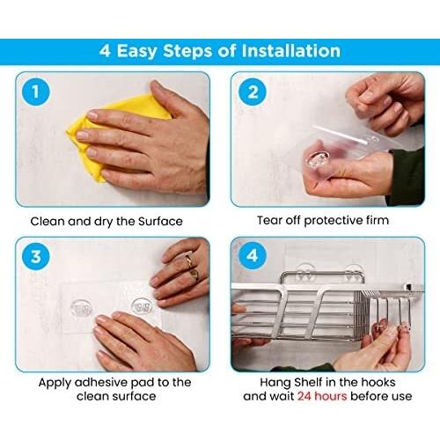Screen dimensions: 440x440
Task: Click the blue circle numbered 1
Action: click(x=36, y=92)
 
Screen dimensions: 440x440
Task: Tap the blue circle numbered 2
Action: click(x=253, y=92)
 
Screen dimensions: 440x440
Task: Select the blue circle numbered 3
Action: click(x=36, y=256)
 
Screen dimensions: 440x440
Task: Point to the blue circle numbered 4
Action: click(x=253, y=256)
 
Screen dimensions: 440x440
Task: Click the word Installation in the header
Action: click(x=291, y=51)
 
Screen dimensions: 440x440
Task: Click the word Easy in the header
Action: click(x=136, y=51)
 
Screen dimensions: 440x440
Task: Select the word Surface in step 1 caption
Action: click(x=160, y=221)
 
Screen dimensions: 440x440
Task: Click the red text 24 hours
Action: click(x=322, y=396)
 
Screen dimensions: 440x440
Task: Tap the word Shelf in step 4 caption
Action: click(x=309, y=382)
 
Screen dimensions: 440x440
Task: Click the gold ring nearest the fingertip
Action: click(x=189, y=260)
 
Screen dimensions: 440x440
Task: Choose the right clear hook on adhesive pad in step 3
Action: click(x=142, y=306)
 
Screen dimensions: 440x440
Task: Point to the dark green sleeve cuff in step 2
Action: click(x=407, y=176)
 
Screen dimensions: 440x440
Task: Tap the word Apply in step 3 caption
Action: click(x=55, y=383)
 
